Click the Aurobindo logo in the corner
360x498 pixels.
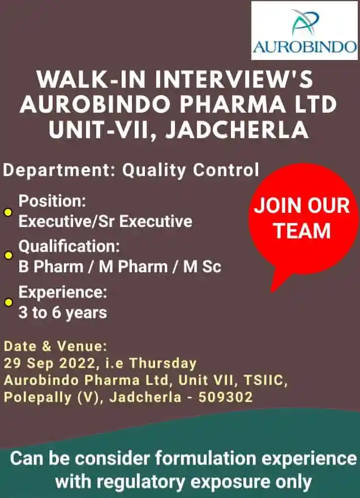(x=305, y=31)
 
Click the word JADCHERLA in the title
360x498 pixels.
(x=237, y=130)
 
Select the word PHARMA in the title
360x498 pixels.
(x=233, y=105)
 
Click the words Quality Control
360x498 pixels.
(x=191, y=170)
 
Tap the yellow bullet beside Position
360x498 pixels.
(x=8, y=212)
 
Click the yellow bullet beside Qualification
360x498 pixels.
(x=8, y=255)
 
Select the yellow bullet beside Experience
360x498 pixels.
(x=8, y=302)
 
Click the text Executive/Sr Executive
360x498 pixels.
(x=105, y=221)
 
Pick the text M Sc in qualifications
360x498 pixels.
(x=202, y=267)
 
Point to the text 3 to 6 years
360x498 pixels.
(x=63, y=312)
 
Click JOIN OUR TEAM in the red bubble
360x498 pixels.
(x=302, y=218)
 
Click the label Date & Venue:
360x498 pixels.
(x=55, y=346)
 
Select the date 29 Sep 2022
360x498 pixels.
(x=50, y=363)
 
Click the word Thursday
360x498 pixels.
(x=163, y=363)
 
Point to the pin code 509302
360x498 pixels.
(x=226, y=397)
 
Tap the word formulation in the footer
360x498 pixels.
(x=205, y=458)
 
